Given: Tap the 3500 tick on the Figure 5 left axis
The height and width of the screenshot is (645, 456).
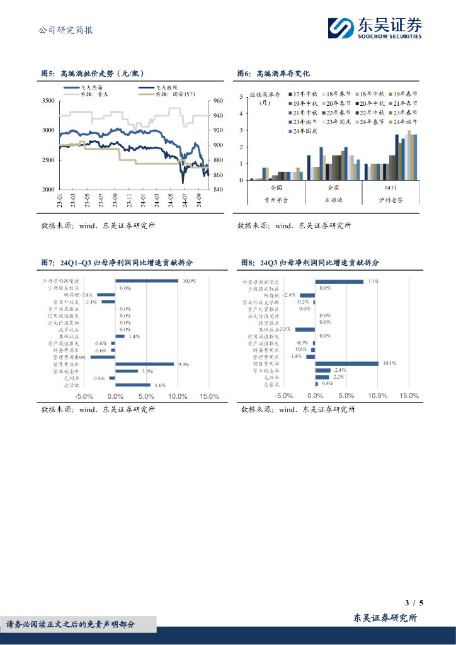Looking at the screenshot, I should click(48, 101).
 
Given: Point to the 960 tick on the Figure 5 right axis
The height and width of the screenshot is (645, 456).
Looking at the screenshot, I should click(218, 101).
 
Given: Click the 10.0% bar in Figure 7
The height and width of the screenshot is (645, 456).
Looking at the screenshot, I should click(146, 281).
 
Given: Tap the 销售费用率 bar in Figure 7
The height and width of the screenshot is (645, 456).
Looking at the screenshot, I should click(144, 363).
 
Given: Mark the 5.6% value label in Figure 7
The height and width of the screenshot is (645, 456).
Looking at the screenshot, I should click(159, 385).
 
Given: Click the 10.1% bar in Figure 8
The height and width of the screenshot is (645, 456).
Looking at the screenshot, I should click(347, 363).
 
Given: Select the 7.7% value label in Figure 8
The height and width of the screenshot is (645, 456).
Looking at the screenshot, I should click(373, 281).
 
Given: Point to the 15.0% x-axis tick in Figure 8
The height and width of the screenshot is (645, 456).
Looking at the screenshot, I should click(409, 396).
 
